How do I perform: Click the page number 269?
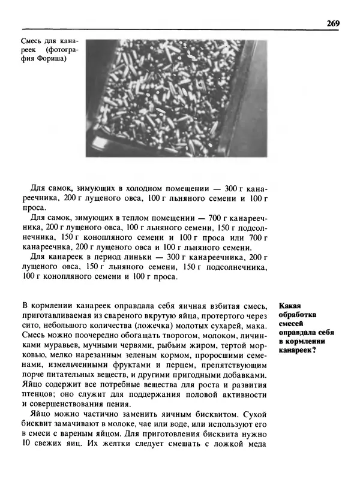[333, 23]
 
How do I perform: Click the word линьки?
[140, 256]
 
